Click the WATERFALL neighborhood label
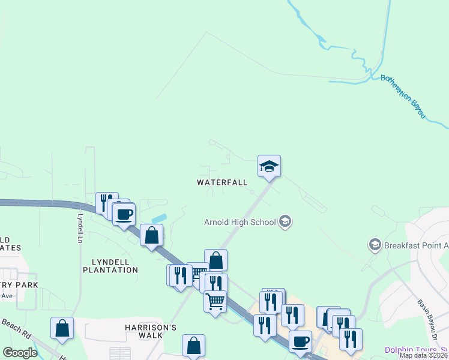point(222,182)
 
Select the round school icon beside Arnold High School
point(285,222)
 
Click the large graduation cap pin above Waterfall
point(269,166)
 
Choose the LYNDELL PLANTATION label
point(115,266)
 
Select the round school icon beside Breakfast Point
point(375,245)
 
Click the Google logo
point(20,353)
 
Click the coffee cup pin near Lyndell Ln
point(124,214)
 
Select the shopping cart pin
point(215,301)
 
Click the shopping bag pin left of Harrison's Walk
point(62,328)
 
